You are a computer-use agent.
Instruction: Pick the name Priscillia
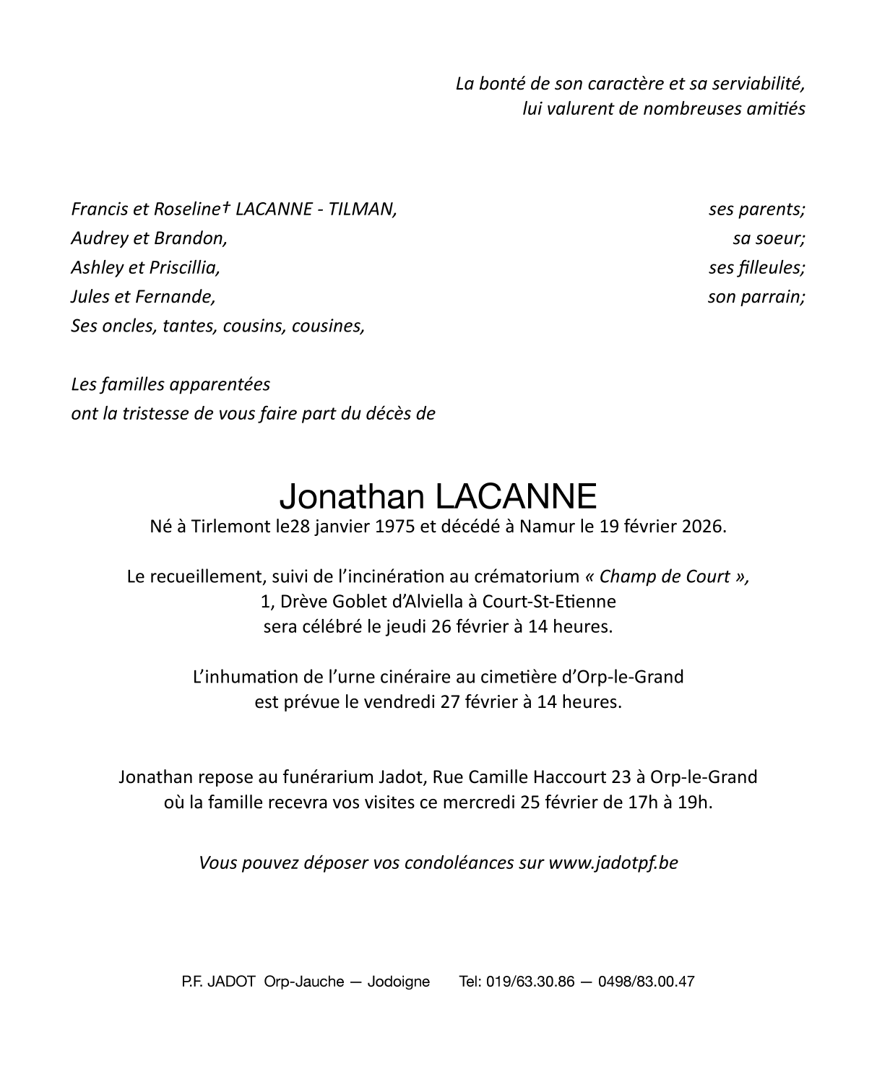coord(184,267)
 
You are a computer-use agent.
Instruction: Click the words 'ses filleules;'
coord(756,267)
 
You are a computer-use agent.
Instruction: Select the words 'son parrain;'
coord(756,296)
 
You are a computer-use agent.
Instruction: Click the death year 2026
coord(701,526)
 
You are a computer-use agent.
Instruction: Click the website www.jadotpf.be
coord(613,862)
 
